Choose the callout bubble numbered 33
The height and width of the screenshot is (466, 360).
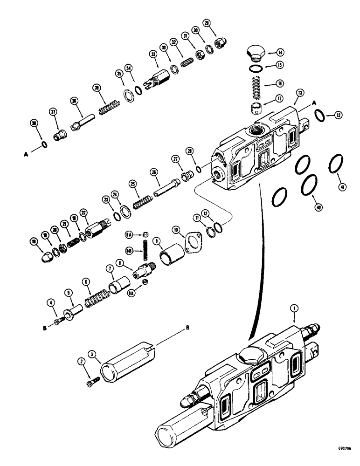152,55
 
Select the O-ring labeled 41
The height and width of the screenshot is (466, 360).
334,165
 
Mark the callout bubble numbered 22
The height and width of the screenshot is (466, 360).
83,213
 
